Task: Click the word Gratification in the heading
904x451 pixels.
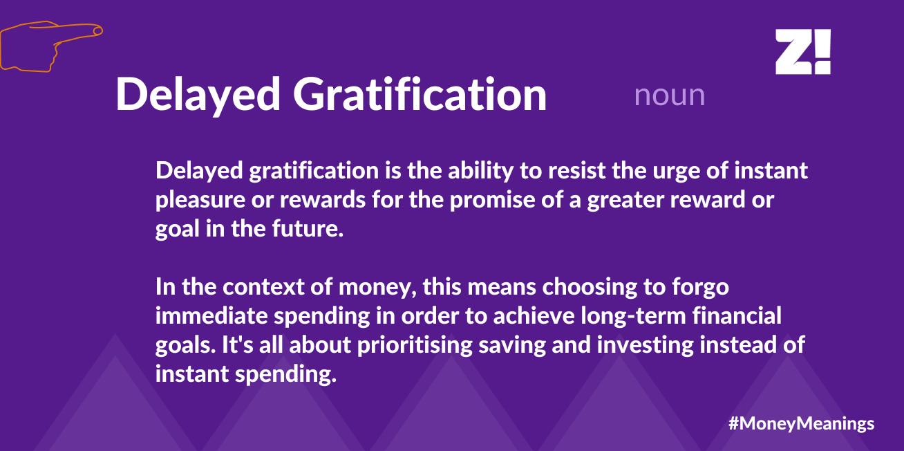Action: tap(420, 95)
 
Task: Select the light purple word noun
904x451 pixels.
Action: tap(670, 96)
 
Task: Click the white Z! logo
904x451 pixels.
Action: tap(803, 52)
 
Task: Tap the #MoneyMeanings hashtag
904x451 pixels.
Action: tap(802, 423)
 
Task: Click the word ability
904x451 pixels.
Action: tap(480, 171)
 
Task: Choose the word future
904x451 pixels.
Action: tap(308, 229)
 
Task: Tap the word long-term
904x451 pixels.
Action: tap(634, 316)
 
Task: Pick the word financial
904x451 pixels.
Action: tap(737, 315)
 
